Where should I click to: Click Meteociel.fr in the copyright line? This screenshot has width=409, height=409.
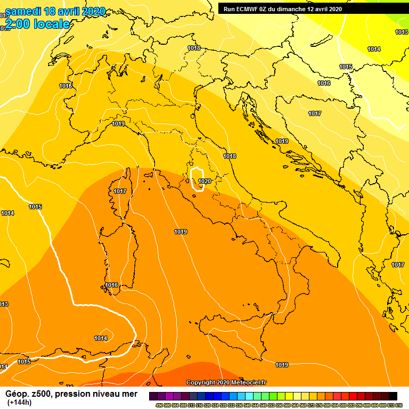(x=249, y=382)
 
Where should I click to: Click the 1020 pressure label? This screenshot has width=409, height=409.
(x=204, y=181)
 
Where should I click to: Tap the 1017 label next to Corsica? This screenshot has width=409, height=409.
(x=120, y=191)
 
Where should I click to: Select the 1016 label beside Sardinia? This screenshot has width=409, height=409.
(x=111, y=285)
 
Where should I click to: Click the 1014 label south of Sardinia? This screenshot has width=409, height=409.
(x=101, y=338)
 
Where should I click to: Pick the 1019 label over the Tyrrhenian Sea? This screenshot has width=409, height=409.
(x=181, y=232)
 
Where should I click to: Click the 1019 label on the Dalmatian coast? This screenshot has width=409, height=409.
(x=282, y=141)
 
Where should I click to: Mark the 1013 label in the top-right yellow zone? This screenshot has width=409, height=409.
(x=402, y=32)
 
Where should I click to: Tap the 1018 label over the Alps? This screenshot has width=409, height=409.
(x=194, y=48)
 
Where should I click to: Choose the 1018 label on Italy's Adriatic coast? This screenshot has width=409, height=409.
(x=230, y=156)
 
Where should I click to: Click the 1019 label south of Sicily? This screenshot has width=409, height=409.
(x=282, y=365)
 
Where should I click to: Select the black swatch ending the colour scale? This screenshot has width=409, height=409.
(x=393, y=396)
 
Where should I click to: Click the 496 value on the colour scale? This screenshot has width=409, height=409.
(x=159, y=405)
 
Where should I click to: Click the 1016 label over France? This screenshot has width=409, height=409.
(x=66, y=86)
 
